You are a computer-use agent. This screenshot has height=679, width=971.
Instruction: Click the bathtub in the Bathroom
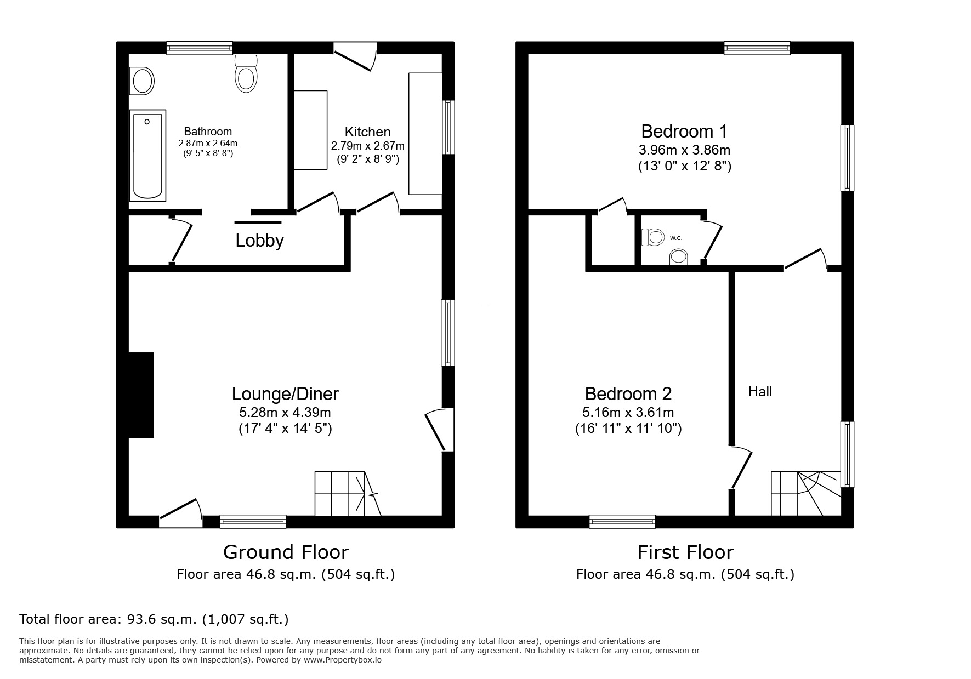pyautogui.click(x=147, y=156)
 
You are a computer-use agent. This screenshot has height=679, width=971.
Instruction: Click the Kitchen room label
pyautogui.click(x=367, y=132)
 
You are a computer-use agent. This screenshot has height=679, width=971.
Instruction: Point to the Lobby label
pyautogui.click(x=259, y=241)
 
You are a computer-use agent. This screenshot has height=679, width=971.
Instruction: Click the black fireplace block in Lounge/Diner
pyautogui.click(x=141, y=395)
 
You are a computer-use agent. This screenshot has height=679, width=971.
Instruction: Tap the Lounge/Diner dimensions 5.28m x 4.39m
pyautogui.click(x=285, y=412)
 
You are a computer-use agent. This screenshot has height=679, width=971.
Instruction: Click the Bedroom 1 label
pyautogui.click(x=684, y=132)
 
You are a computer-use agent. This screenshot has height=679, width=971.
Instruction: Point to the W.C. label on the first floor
pyautogui.click(x=675, y=238)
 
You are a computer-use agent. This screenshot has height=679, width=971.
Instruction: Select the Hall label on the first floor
pyautogui.click(x=760, y=391)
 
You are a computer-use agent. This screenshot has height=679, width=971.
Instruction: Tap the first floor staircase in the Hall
pyautogui.click(x=805, y=493)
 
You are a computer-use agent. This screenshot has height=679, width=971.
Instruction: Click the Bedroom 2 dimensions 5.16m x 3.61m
pyautogui.click(x=628, y=412)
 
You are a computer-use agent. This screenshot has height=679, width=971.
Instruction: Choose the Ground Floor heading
pyautogui.click(x=286, y=552)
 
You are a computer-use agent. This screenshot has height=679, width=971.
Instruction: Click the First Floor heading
pyautogui.click(x=685, y=552)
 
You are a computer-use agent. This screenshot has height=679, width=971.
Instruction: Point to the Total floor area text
pyautogui.click(x=154, y=619)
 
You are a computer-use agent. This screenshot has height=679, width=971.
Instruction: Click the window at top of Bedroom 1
pyautogui.click(x=757, y=48)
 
